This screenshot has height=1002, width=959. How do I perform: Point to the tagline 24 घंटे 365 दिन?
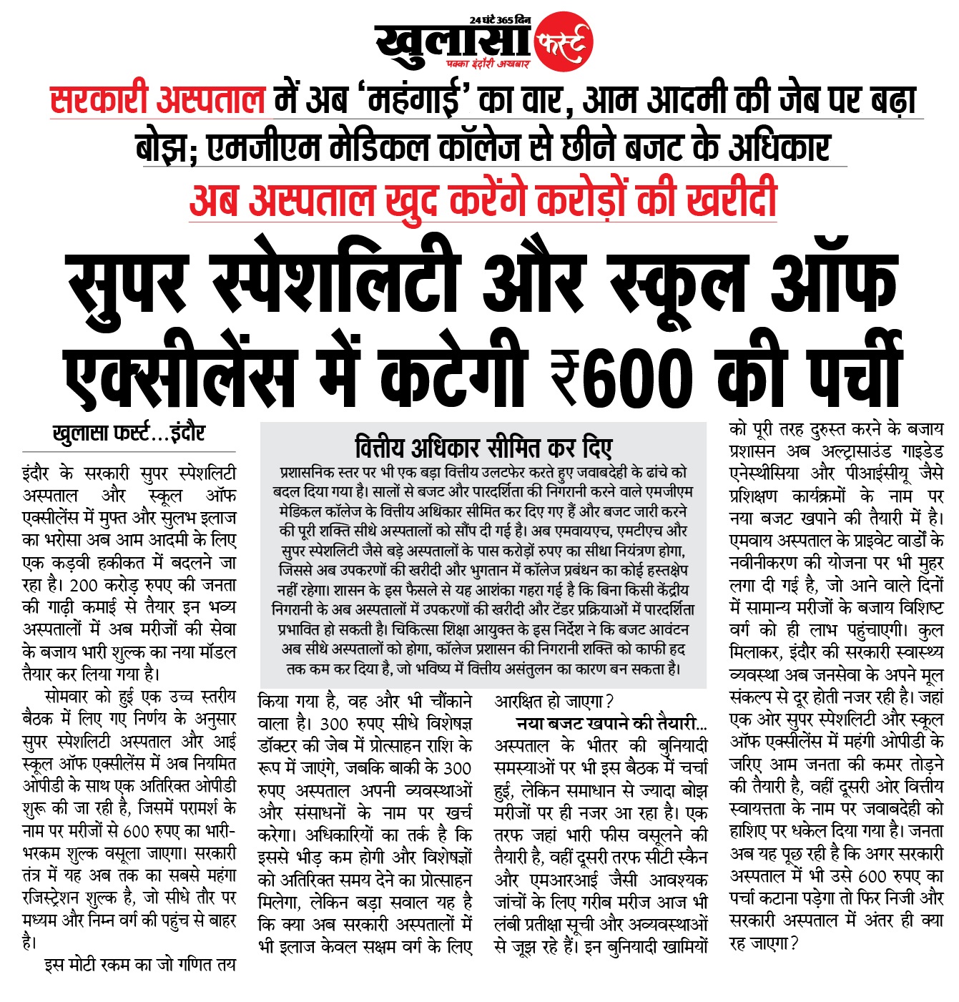[x=500, y=19]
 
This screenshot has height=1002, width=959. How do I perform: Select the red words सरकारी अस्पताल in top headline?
[x=157, y=100]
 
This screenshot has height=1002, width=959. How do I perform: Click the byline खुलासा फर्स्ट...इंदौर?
[x=129, y=434]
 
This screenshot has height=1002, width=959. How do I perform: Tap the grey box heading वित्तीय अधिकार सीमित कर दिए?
[x=483, y=448]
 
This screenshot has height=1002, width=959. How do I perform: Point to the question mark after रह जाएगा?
[x=795, y=943]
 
